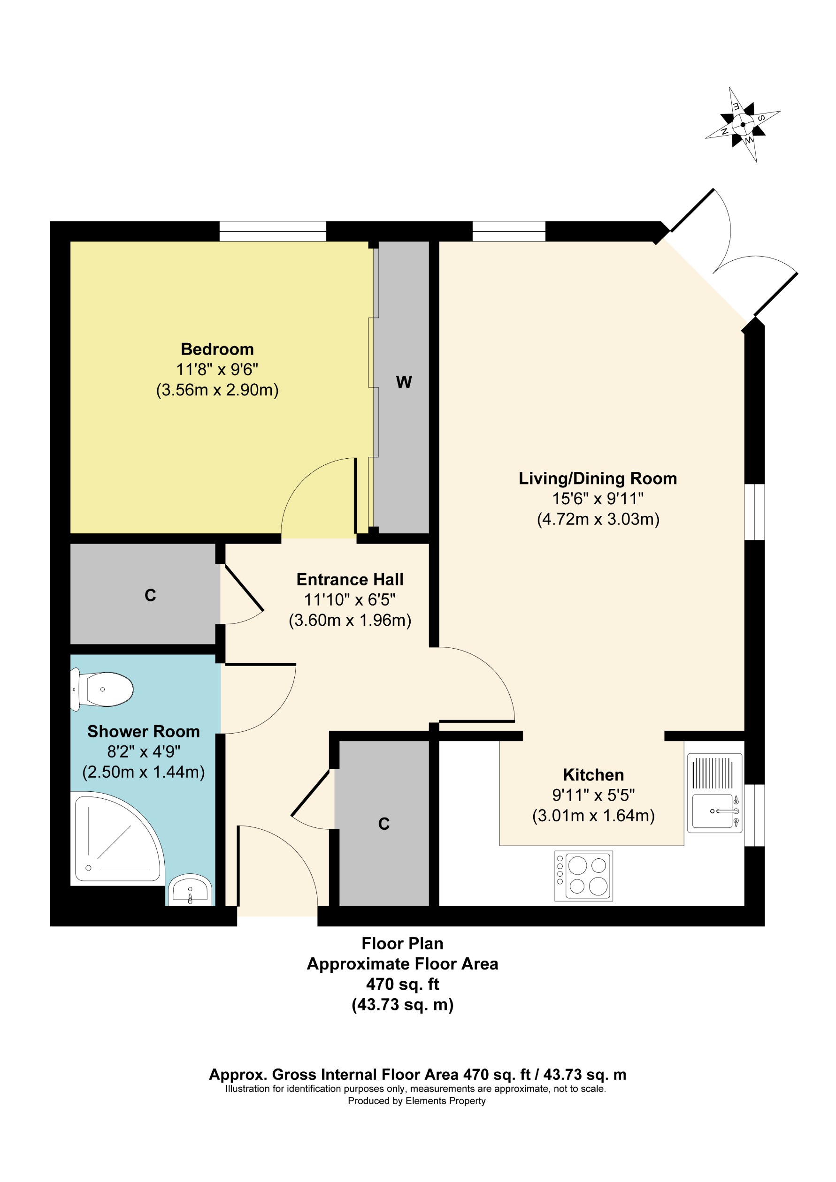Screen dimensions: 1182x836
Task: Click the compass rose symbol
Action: pyautogui.click(x=742, y=125)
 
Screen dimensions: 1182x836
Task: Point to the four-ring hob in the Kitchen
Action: pyautogui.click(x=583, y=876)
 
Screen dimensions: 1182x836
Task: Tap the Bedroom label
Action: pyautogui.click(x=217, y=349)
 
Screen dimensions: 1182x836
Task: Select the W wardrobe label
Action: pyautogui.click(x=404, y=382)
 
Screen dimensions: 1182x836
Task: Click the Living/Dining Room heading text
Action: pyautogui.click(x=598, y=478)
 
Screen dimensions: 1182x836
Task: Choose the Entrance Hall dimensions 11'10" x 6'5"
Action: pyautogui.click(x=350, y=600)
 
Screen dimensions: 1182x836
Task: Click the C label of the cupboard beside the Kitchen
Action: pyautogui.click(x=384, y=824)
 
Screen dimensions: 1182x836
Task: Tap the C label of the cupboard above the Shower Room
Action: pyautogui.click(x=150, y=595)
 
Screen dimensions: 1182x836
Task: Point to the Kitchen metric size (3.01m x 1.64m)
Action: pyautogui.click(x=593, y=816)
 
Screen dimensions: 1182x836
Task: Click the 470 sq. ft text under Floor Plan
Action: pyautogui.click(x=402, y=985)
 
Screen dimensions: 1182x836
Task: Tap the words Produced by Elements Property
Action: pyautogui.click(x=416, y=1101)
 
